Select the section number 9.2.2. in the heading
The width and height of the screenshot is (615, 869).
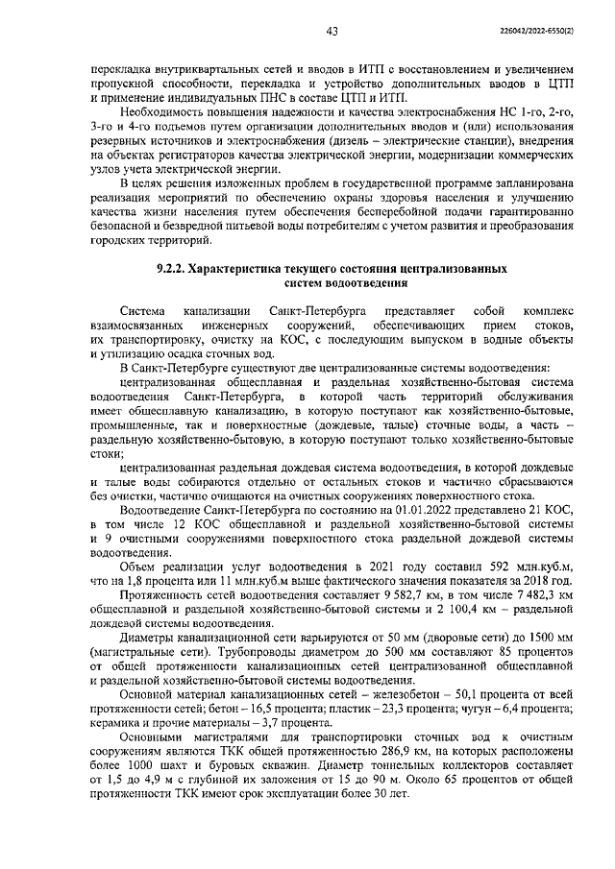(x=174, y=270)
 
